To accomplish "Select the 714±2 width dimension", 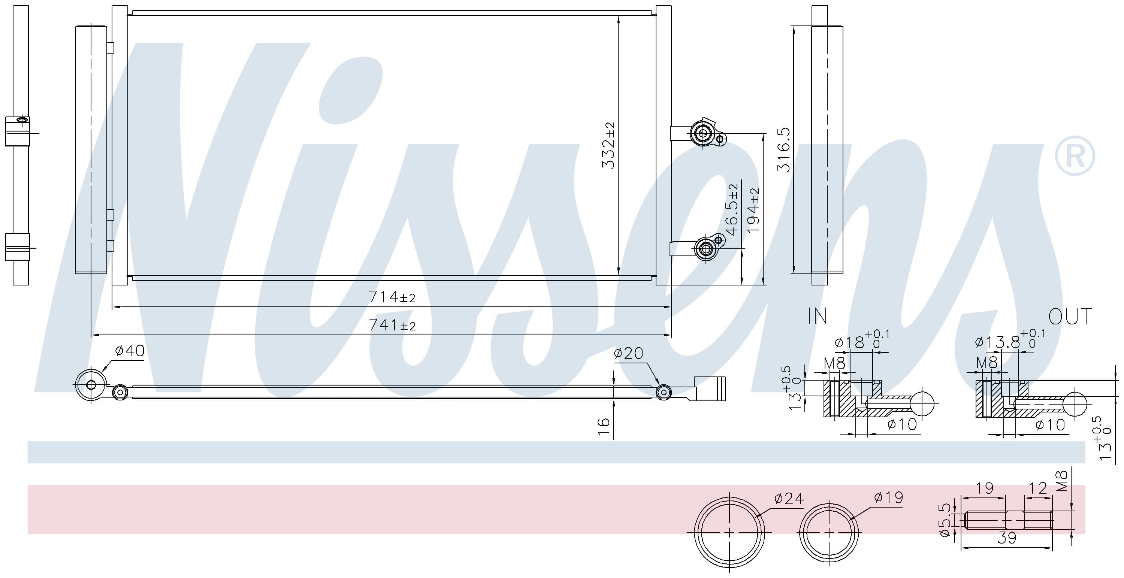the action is click(392, 297).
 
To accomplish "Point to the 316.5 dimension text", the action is click(784, 149).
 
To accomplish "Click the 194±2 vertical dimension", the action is click(753, 210).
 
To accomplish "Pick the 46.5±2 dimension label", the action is click(732, 209).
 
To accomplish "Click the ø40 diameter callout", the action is click(129, 350).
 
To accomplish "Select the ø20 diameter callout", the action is click(628, 353).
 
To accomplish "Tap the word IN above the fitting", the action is click(817, 316).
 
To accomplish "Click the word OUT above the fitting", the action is click(1070, 317).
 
